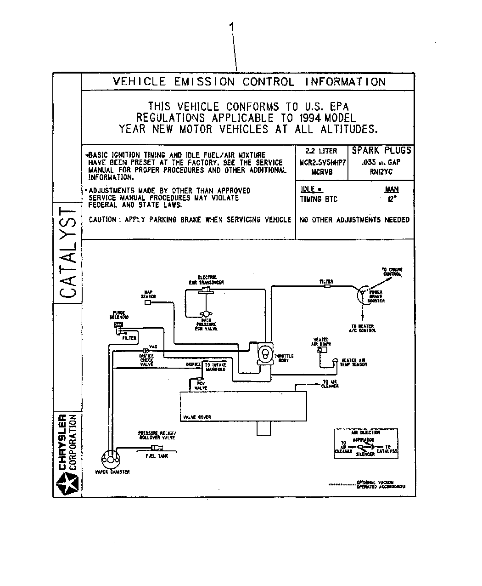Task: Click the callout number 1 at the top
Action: tap(232, 28)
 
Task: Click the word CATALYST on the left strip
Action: tap(67, 252)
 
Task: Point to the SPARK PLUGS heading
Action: tap(381, 151)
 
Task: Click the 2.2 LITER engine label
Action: tap(321, 151)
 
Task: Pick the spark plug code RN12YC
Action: tap(381, 172)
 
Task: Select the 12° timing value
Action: tap(392, 199)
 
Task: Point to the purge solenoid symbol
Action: tap(118, 325)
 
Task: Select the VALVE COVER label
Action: tap(197, 417)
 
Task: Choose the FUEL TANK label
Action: tap(157, 456)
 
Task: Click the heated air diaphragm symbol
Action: tap(321, 349)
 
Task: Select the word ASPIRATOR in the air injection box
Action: tap(363, 440)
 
